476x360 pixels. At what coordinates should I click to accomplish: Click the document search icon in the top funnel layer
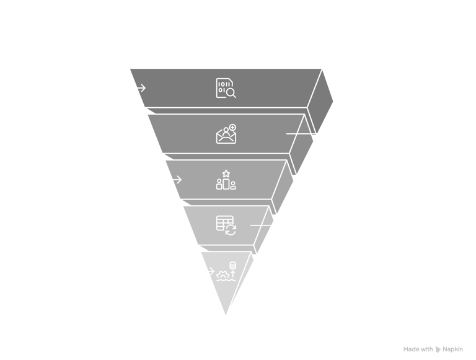coord(226,89)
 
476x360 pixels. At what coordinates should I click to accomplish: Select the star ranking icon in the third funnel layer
coord(226,179)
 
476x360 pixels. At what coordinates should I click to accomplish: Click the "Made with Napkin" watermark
coord(436,349)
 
